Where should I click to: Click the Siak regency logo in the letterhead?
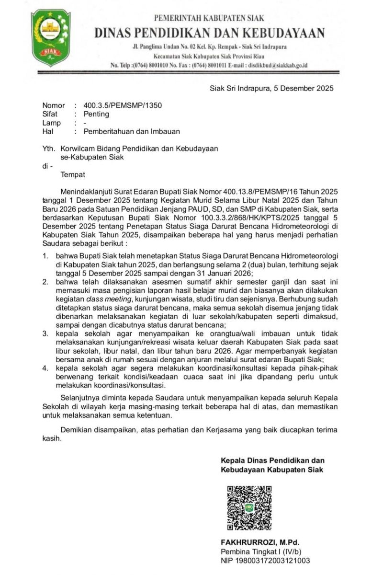(x=50, y=38)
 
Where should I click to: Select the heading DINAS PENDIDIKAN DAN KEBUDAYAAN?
(x=210, y=33)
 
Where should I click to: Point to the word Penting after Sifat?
(x=96, y=114)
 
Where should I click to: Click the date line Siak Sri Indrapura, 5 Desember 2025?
(x=272, y=88)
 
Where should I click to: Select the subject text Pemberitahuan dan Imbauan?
(x=132, y=131)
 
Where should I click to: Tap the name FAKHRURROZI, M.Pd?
(x=259, y=542)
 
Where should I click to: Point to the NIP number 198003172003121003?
(x=265, y=560)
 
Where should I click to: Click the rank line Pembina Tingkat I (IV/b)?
(x=261, y=551)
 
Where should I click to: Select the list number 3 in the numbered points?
(x=45, y=333)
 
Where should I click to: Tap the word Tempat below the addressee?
(x=73, y=174)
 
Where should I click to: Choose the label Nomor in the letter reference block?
(x=53, y=105)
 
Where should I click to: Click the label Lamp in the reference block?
(x=51, y=123)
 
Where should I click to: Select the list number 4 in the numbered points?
(x=45, y=368)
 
